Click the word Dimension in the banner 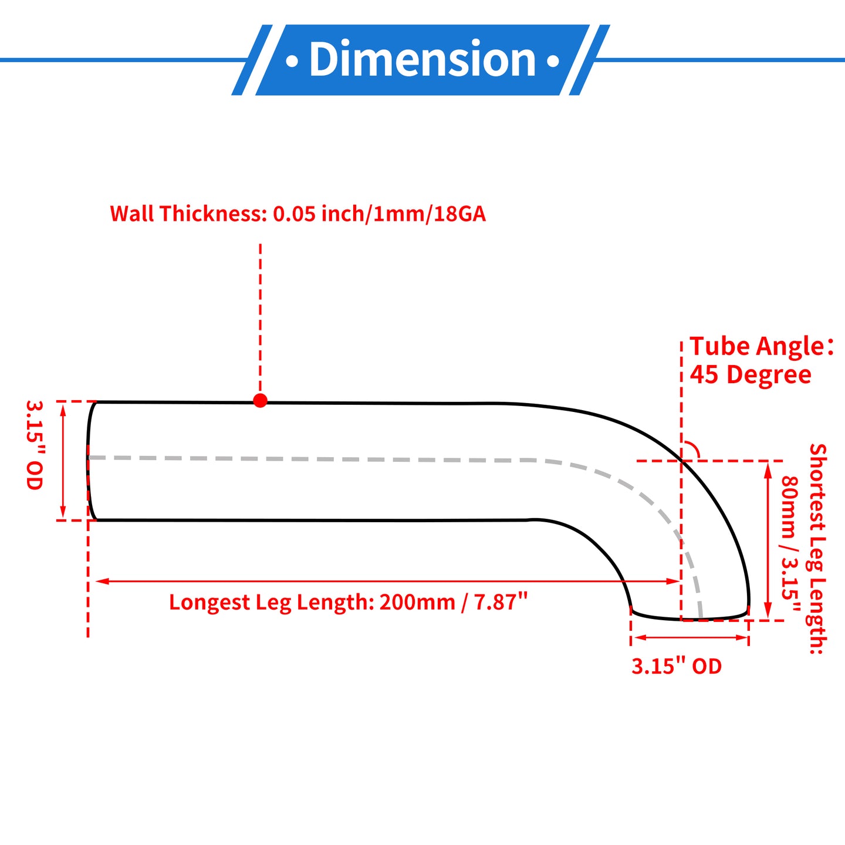422,60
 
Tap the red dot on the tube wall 261,400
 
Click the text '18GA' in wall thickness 460,214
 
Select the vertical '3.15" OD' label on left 34,445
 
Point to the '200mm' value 417,602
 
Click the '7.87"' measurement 501,602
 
